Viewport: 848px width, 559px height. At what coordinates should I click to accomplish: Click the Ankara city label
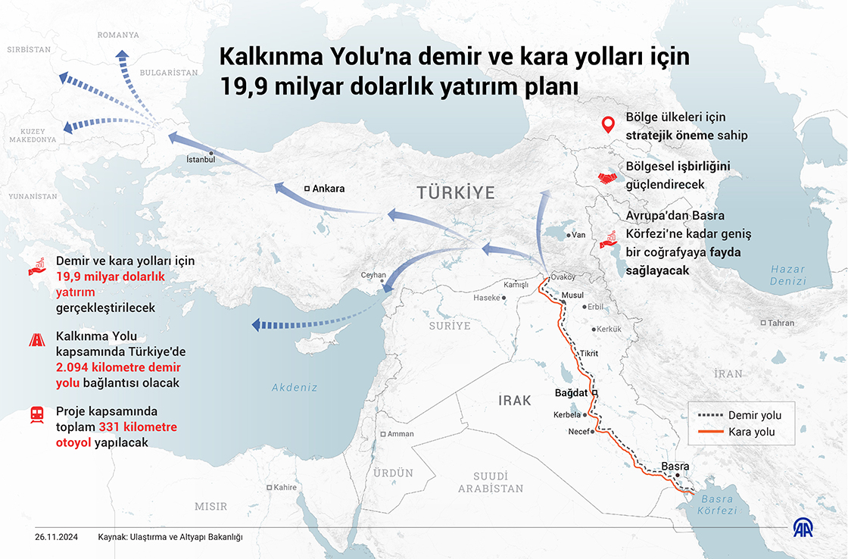click(329, 189)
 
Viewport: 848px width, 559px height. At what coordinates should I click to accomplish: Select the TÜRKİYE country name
click(456, 192)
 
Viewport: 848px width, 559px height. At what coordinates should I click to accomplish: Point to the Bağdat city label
click(572, 393)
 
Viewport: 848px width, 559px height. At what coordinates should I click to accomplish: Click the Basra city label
click(674, 466)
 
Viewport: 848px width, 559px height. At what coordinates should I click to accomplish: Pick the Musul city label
click(573, 295)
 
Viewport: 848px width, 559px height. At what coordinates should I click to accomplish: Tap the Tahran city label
click(781, 323)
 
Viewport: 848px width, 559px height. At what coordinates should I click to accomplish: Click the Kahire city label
click(285, 487)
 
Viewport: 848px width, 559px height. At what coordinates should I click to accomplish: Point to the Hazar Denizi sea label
click(787, 275)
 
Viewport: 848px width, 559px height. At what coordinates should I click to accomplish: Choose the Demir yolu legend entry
click(754, 415)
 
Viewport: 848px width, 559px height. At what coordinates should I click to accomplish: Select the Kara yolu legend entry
click(751, 432)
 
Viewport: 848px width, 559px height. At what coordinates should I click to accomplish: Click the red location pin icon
click(606, 125)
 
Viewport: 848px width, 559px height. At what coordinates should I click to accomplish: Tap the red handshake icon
click(606, 177)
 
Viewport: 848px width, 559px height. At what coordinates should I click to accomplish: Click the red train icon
click(36, 414)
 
